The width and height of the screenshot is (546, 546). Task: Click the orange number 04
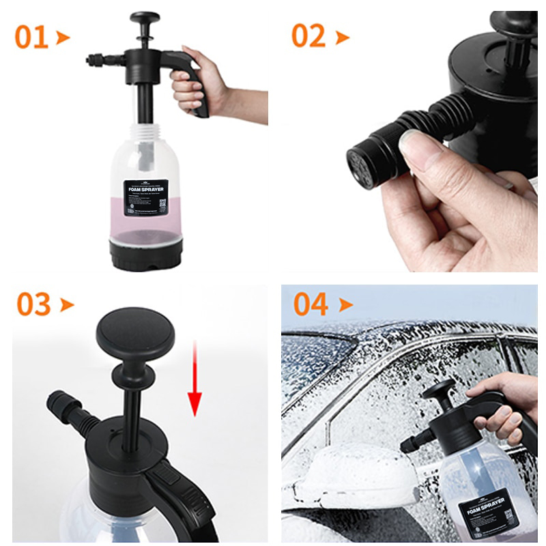coord(311,304)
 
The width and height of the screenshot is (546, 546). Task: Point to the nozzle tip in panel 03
coord(55,403)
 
